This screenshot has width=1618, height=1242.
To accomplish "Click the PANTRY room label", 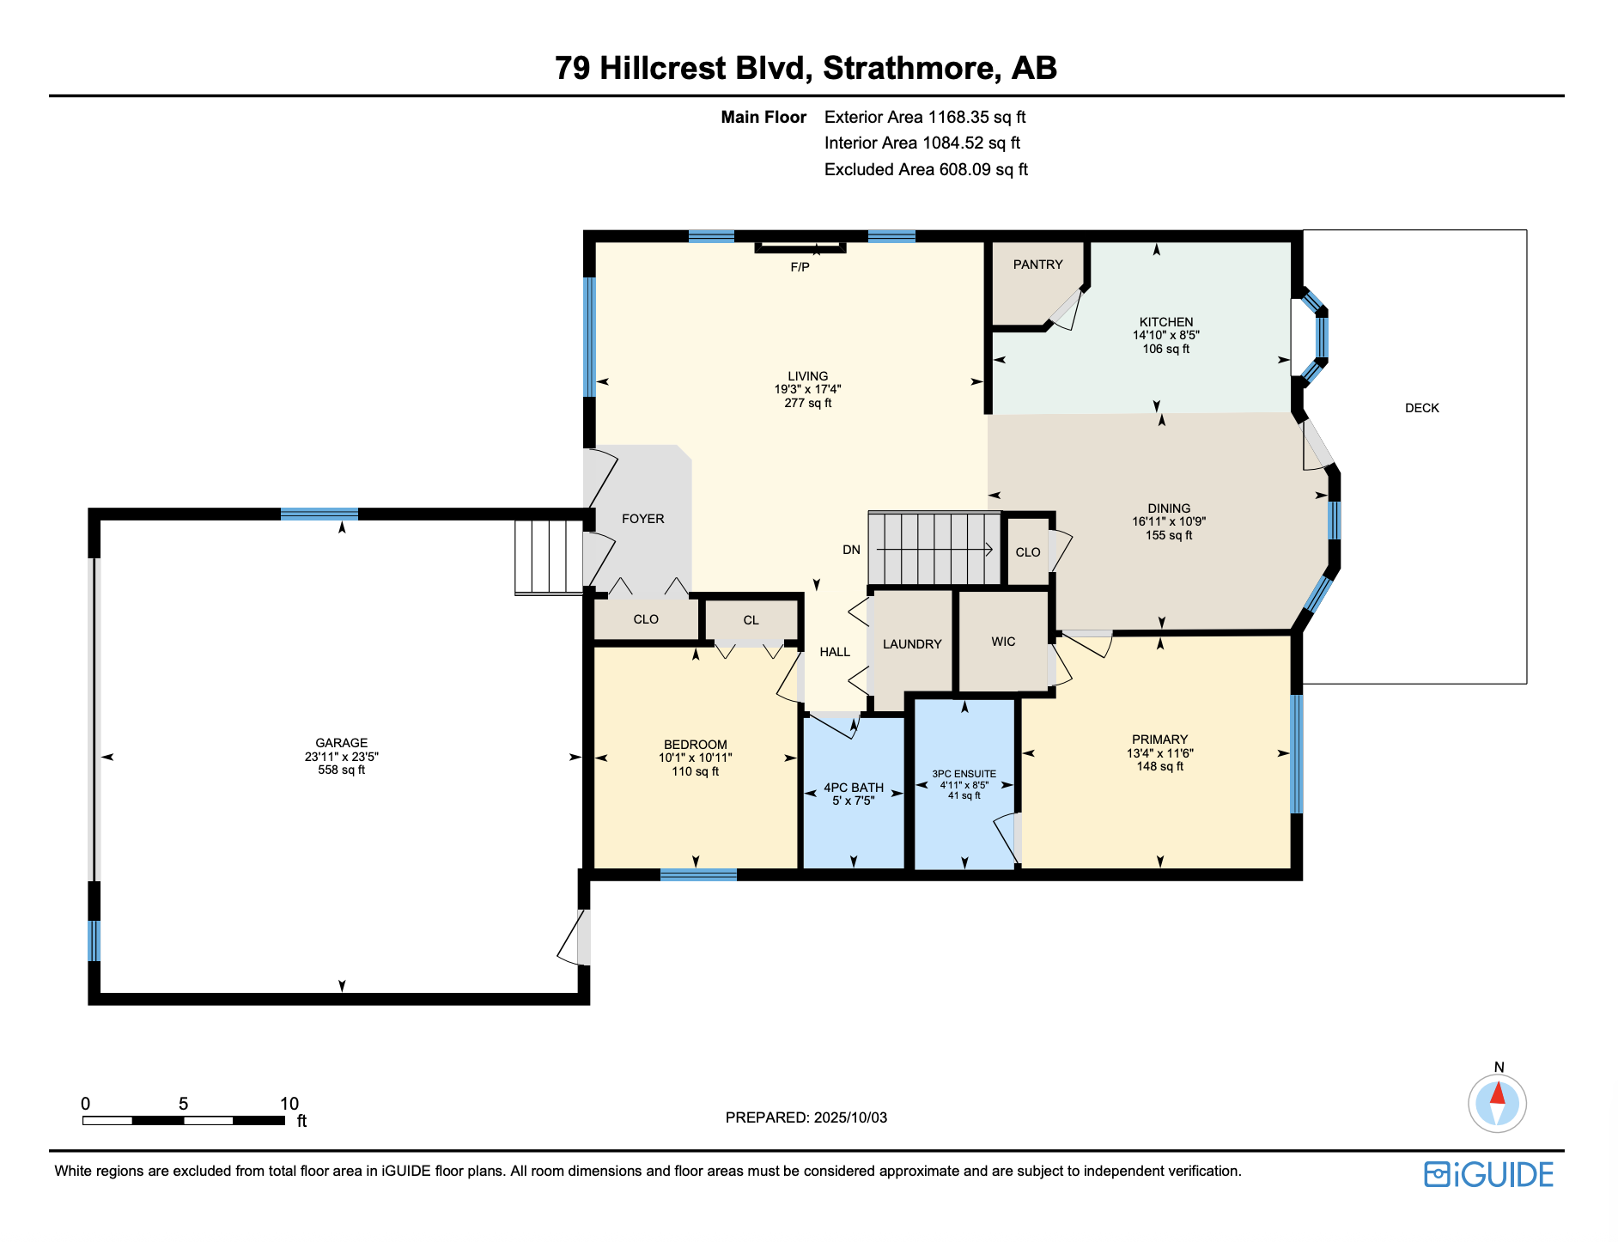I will pyautogui.click(x=1037, y=265).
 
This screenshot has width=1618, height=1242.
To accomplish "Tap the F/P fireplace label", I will pyautogui.click(x=800, y=267).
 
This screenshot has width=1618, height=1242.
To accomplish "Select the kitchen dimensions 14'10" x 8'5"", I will pyautogui.click(x=1165, y=336).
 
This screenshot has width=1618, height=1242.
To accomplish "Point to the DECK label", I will pyautogui.click(x=1421, y=408).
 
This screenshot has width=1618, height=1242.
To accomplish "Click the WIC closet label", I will pyautogui.click(x=1003, y=642).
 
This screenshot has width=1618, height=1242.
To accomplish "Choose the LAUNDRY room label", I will pyautogui.click(x=912, y=644).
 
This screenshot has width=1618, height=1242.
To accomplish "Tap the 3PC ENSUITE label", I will pyautogui.click(x=964, y=774).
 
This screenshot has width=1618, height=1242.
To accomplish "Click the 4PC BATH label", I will pyautogui.click(x=853, y=788).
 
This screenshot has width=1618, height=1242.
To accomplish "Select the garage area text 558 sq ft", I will pyautogui.click(x=341, y=770).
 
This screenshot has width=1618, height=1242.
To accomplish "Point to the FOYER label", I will pyautogui.click(x=642, y=519).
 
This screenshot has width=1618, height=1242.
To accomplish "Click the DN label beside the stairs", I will pyautogui.click(x=851, y=550).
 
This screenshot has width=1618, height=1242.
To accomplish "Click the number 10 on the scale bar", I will pyautogui.click(x=289, y=1104).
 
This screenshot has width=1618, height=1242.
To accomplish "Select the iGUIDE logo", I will pyautogui.click(x=1488, y=1174).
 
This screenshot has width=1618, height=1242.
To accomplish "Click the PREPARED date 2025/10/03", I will pyautogui.click(x=850, y=1117).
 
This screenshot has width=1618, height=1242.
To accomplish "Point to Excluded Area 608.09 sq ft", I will pyautogui.click(x=925, y=169).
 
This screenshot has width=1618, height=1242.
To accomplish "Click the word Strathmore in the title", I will pyautogui.click(x=911, y=68).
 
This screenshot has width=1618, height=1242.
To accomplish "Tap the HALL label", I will pyautogui.click(x=834, y=652).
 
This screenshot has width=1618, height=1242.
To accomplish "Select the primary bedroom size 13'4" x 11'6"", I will pyautogui.click(x=1159, y=753).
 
